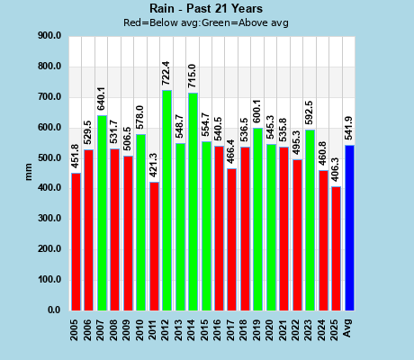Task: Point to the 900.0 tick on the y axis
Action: click(x=49, y=36)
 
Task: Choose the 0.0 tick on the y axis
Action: click(x=53, y=310)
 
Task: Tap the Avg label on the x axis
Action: click(x=349, y=324)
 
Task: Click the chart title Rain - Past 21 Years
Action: click(x=206, y=9)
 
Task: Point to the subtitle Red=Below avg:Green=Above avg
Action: click(x=206, y=22)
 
